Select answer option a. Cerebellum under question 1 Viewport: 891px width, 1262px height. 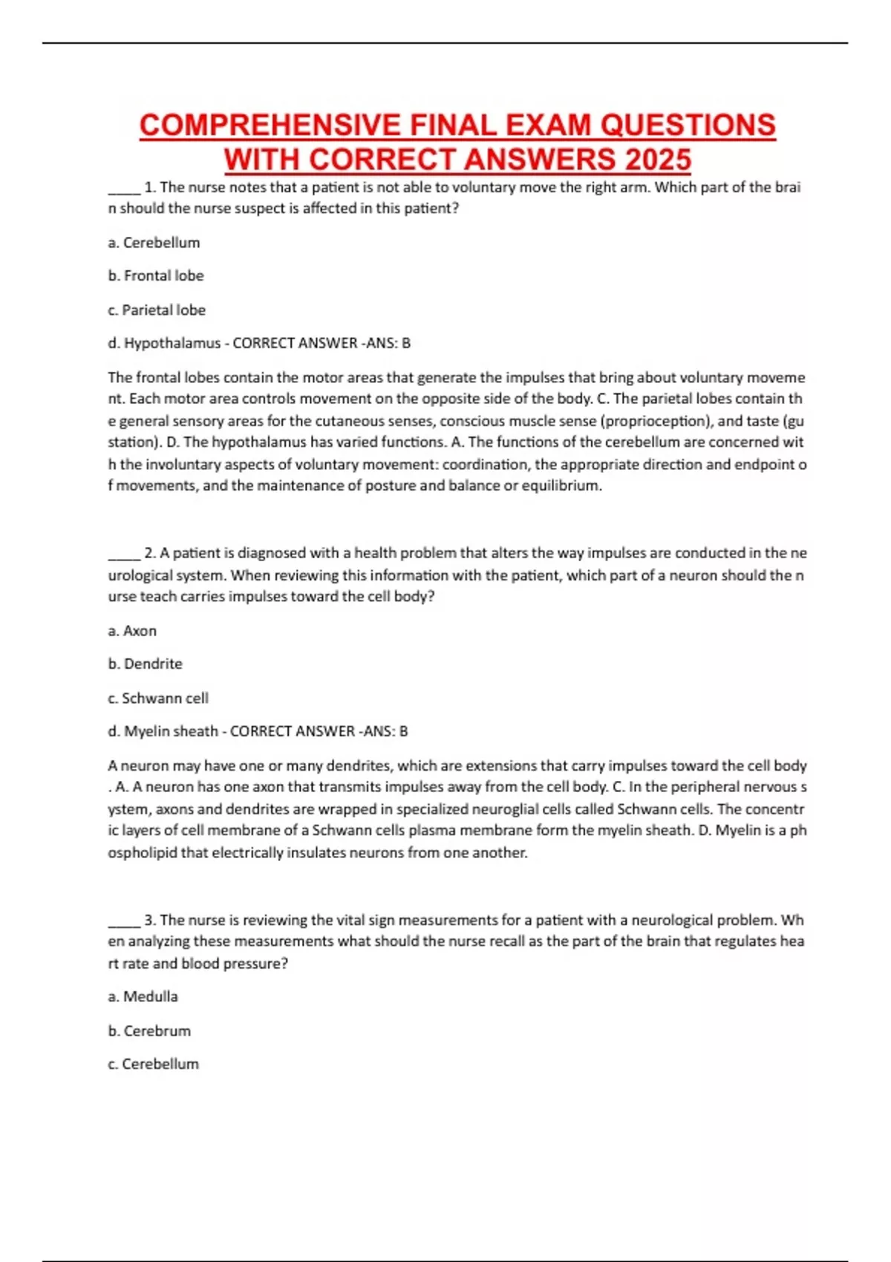pyautogui.click(x=154, y=243)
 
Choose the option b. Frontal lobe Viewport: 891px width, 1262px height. pyautogui.click(x=156, y=275)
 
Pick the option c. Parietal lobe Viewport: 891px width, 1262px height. pyautogui.click(x=157, y=310)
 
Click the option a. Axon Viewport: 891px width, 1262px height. pyautogui.click(x=132, y=631)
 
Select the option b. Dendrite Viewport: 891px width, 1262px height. pyautogui.click(x=146, y=664)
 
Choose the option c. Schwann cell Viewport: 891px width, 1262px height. pyautogui.click(x=158, y=698)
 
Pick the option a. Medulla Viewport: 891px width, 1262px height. pyautogui.click(x=143, y=996)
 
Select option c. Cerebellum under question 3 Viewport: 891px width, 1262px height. pyautogui.click(x=153, y=1064)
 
